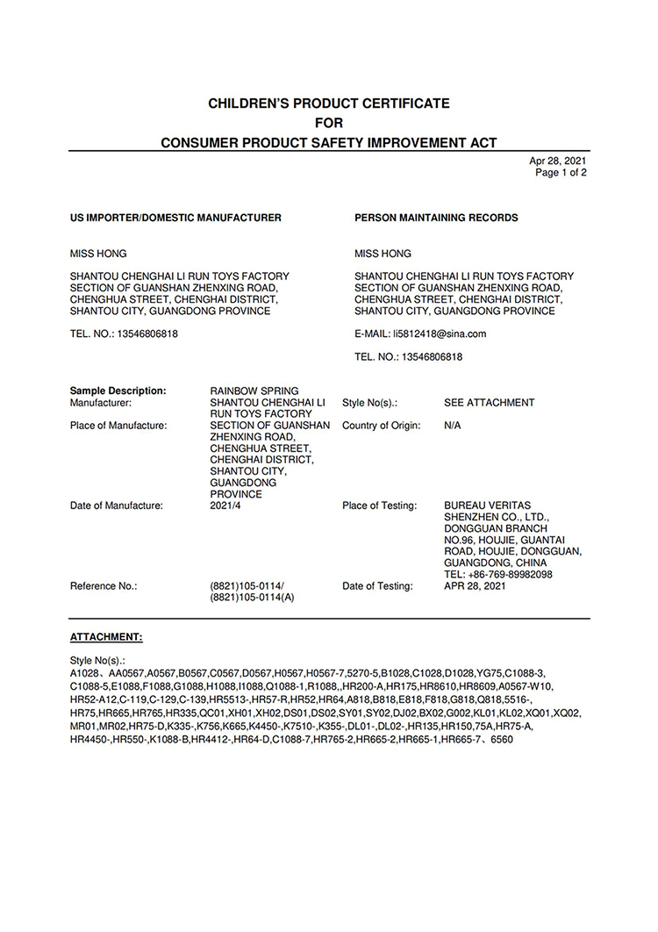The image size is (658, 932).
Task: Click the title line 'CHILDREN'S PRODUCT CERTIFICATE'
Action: coord(328,104)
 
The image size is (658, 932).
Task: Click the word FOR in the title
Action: coord(329,123)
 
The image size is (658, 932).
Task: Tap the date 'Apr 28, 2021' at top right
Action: coord(558,161)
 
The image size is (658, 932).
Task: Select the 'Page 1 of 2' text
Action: coord(561,173)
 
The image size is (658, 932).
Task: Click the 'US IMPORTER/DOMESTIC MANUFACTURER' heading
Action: coord(175,218)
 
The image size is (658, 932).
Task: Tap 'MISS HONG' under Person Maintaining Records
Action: coord(383,255)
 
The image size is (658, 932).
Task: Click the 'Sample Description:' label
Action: coord(118,391)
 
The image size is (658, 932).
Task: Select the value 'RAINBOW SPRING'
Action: coord(254,391)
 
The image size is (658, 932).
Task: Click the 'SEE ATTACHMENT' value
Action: coord(489,403)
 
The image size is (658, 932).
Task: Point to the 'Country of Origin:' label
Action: coord(382,426)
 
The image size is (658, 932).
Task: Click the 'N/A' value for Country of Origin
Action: coord(454,426)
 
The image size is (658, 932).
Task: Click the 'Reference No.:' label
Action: coord(104,586)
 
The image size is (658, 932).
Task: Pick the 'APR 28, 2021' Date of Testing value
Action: coord(475,586)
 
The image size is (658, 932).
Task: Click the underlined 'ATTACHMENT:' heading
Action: coord(106,635)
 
